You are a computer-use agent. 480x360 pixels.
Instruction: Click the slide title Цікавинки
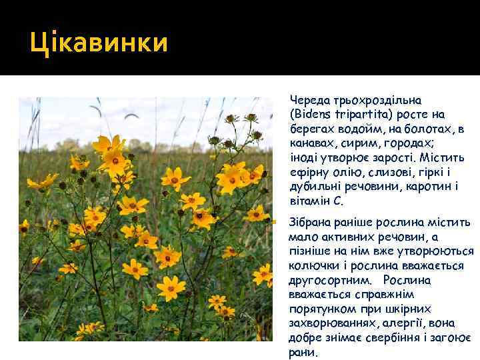click(99, 45)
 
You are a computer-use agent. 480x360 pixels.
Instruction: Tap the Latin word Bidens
click(314, 114)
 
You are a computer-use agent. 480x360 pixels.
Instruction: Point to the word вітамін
click(309, 201)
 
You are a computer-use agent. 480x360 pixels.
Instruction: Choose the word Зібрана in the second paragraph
click(309, 222)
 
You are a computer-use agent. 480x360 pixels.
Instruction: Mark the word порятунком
click(319, 309)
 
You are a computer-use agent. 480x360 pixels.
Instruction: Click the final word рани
click(303, 352)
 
